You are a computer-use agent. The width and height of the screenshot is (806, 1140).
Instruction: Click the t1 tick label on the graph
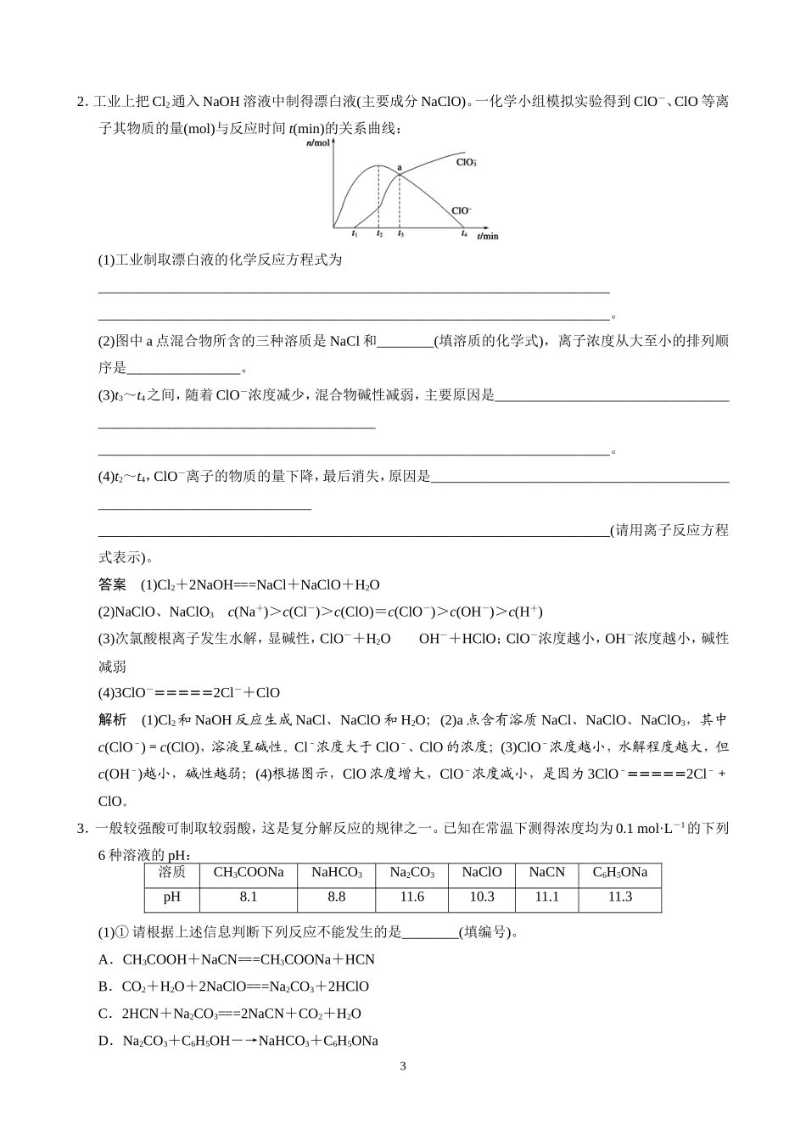pyautogui.click(x=354, y=233)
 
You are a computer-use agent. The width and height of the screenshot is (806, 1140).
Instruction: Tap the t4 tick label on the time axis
pyautogui.click(x=464, y=233)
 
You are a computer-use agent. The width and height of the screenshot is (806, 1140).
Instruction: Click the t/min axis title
pyautogui.click(x=488, y=236)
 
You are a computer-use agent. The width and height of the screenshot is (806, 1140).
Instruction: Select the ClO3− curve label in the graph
pyautogui.click(x=466, y=161)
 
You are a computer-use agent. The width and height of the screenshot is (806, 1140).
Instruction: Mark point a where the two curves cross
pyautogui.click(x=400, y=169)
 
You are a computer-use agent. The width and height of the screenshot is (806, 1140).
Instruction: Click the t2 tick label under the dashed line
pyautogui.click(x=379, y=233)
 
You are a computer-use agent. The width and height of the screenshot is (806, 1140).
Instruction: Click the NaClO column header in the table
pyautogui.click(x=483, y=872)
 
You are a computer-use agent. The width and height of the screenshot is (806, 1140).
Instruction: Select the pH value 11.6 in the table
pyautogui.click(x=411, y=897)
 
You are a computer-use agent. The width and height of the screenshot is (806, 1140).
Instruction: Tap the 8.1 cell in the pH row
pyautogui.click(x=248, y=897)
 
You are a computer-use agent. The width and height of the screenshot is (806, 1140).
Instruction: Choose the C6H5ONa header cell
pyautogui.click(x=619, y=872)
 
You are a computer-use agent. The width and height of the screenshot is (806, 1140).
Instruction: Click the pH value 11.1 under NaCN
pyautogui.click(x=546, y=897)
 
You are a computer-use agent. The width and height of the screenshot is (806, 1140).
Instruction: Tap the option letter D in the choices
pyautogui.click(x=104, y=1041)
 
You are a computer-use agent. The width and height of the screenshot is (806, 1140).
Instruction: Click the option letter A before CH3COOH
pyautogui.click(x=104, y=959)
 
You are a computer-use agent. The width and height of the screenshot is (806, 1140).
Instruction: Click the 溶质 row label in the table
pyautogui.click(x=172, y=872)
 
